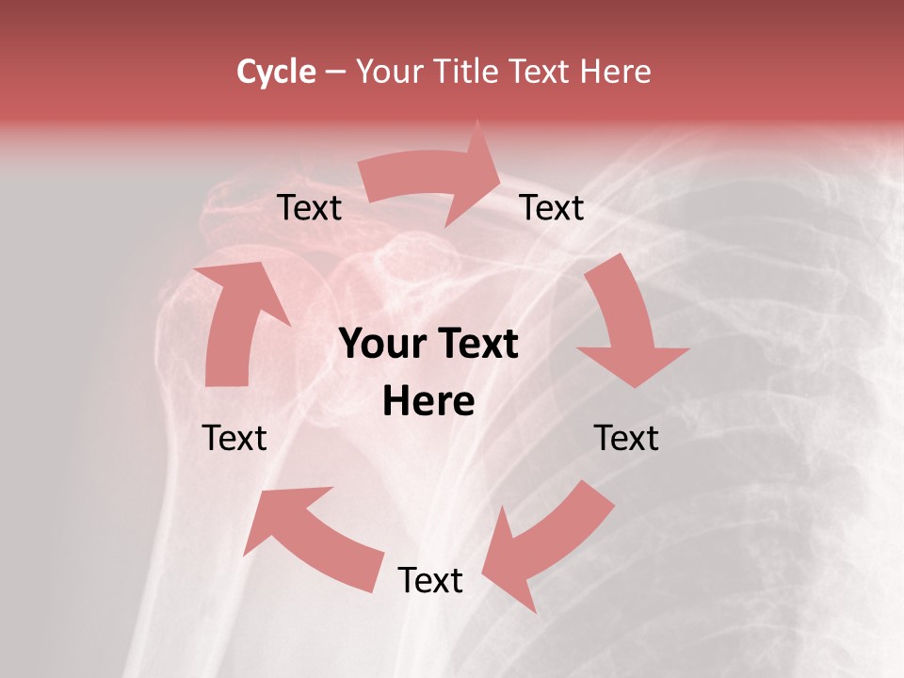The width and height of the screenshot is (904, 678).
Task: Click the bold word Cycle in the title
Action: tap(276, 72)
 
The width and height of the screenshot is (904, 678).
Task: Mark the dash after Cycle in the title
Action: tap(336, 72)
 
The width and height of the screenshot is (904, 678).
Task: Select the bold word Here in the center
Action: tap(429, 401)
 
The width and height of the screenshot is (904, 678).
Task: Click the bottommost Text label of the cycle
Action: tap(430, 580)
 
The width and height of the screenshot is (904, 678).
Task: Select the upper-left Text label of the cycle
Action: tap(309, 208)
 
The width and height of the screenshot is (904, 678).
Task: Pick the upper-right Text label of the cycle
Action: tap(552, 208)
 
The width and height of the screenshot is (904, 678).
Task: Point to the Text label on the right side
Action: tap(626, 438)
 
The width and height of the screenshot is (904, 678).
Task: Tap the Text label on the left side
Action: tap(234, 438)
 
